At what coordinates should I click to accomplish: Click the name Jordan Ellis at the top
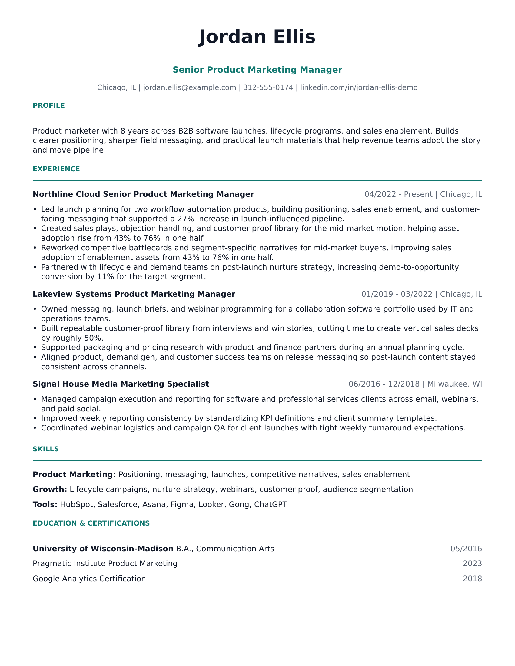[257, 37]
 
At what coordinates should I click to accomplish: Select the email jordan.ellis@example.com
[189, 87]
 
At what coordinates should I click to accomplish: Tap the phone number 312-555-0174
[268, 87]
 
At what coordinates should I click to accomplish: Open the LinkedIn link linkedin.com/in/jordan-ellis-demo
[358, 87]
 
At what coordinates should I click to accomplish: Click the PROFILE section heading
[49, 106]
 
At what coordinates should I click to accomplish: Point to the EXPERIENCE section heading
[56, 169]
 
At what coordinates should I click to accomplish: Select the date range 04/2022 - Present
[398, 194]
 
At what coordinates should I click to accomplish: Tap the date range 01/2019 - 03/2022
[397, 294]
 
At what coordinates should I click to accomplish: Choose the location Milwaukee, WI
[454, 384]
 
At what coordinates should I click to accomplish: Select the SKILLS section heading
[46, 449]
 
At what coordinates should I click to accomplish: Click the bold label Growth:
[50, 490]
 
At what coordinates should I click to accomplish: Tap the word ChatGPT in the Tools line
[270, 504]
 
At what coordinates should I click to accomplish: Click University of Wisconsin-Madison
[103, 549]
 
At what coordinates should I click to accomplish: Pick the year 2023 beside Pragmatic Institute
[472, 564]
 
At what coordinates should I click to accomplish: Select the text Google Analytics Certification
[89, 579]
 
